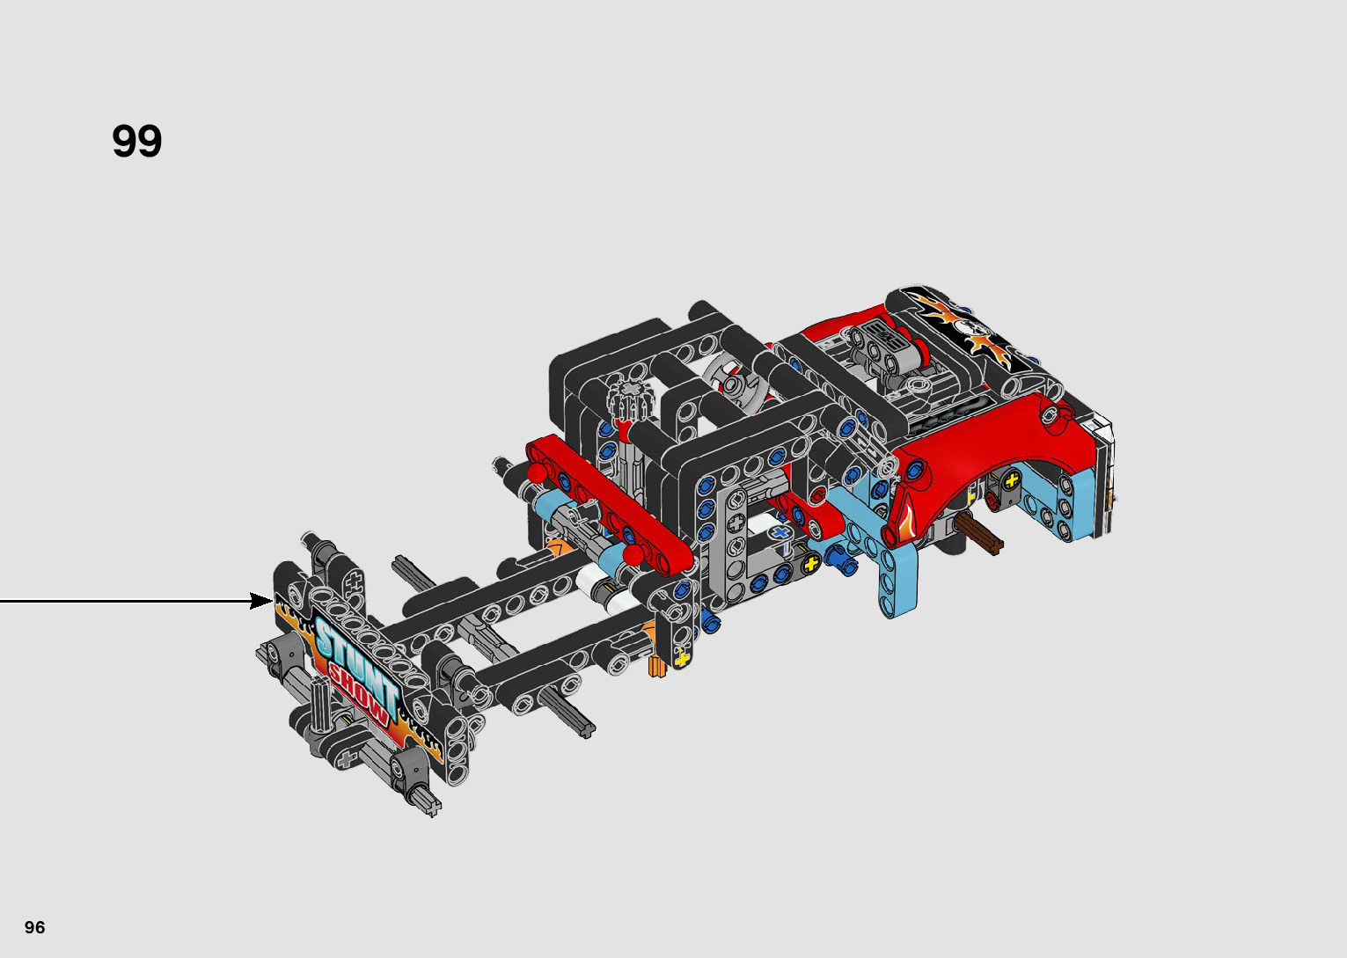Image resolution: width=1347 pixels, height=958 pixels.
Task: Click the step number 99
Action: [x=137, y=142]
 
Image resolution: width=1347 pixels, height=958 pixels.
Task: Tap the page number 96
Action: [x=35, y=926]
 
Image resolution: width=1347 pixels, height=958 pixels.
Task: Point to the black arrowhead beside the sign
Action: [x=261, y=601]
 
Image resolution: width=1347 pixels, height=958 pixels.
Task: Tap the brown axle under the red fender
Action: [x=977, y=535]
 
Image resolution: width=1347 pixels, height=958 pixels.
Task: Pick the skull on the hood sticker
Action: [x=966, y=328]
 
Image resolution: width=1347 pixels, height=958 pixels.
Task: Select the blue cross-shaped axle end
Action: [x=780, y=533]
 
